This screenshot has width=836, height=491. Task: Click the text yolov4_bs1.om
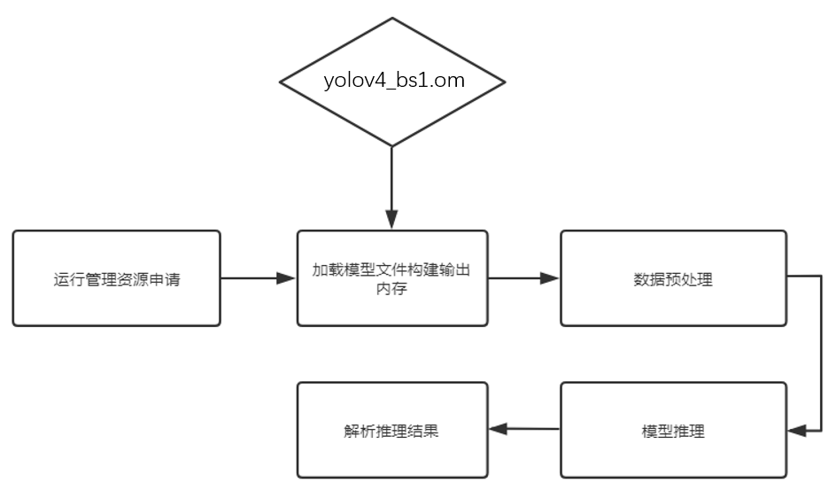tap(392, 82)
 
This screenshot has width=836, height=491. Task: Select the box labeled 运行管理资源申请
tap(116, 278)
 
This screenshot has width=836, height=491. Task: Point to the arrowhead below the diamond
tap(392, 220)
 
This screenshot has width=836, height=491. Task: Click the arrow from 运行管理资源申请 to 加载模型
tap(257, 278)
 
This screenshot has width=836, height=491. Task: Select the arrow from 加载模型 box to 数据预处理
tap(522, 278)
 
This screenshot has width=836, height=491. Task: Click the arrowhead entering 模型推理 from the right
tap(793, 430)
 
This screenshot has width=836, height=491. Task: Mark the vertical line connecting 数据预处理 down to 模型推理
tap(821, 355)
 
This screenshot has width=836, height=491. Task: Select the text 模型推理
tap(673, 432)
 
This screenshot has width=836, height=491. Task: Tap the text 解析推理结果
tap(392, 432)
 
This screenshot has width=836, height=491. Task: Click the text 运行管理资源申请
tap(116, 280)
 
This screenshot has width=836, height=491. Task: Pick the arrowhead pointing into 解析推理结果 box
tap(497, 429)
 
